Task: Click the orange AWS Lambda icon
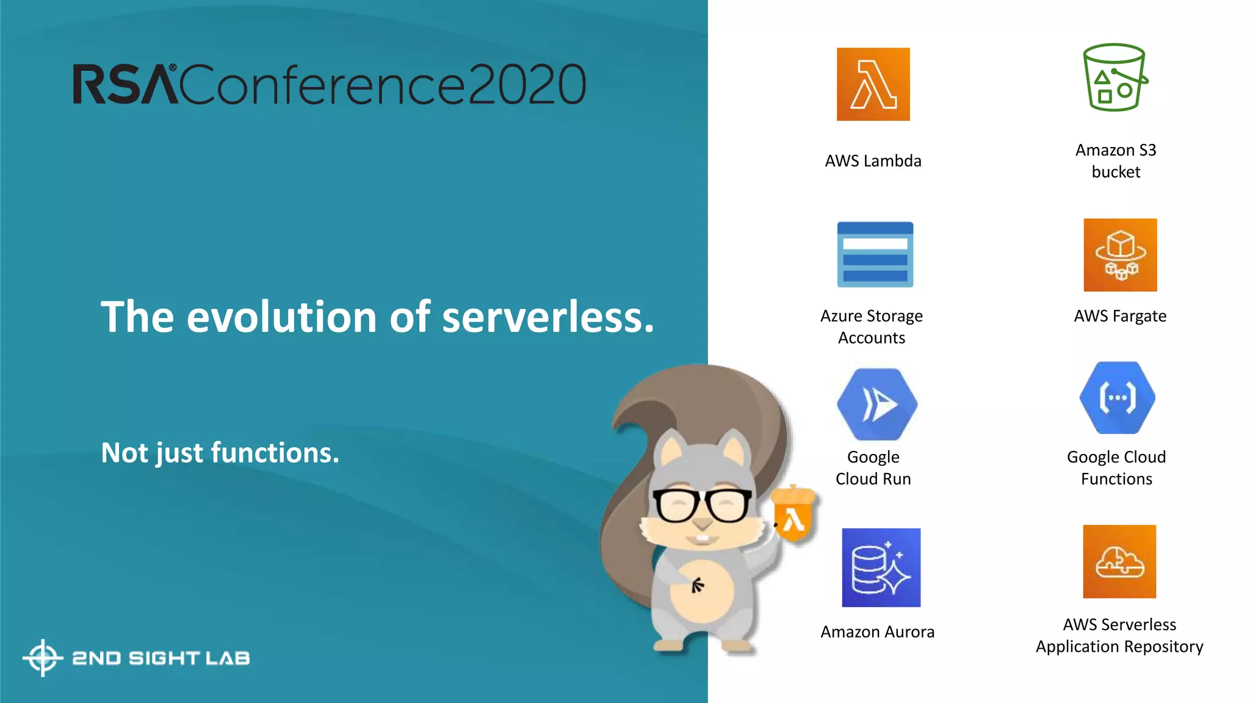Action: pos(873,84)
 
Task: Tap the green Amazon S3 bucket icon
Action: pos(1115,78)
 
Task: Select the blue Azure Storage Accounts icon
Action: pos(875,254)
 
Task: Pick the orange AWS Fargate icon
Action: pos(1120,254)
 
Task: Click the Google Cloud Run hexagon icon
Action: pos(876,404)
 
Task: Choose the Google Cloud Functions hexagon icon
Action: pos(1117,398)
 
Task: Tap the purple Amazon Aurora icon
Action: pos(881,568)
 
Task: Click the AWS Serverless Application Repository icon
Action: pos(1119,561)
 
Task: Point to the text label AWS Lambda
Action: pos(873,161)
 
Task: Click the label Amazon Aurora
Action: pos(877,632)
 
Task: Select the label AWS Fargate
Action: pos(1120,316)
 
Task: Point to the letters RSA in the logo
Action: pos(125,84)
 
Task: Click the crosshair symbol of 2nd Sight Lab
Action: pos(43,658)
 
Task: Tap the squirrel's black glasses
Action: pos(702,505)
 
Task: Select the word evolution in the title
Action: pos(281,317)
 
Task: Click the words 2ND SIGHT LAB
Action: pos(161,658)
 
